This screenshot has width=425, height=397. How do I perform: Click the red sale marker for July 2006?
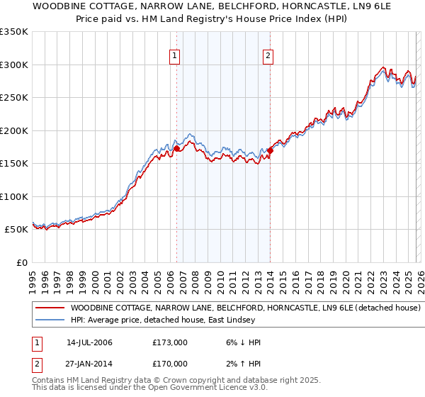click(x=176, y=148)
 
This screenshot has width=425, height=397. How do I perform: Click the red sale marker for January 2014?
click(x=271, y=150)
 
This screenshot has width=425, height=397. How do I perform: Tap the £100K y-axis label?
click(x=14, y=196)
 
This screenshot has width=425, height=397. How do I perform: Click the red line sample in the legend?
click(x=50, y=308)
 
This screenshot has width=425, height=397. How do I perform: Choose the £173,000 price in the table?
click(x=170, y=342)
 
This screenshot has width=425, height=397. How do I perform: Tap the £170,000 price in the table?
click(x=170, y=363)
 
